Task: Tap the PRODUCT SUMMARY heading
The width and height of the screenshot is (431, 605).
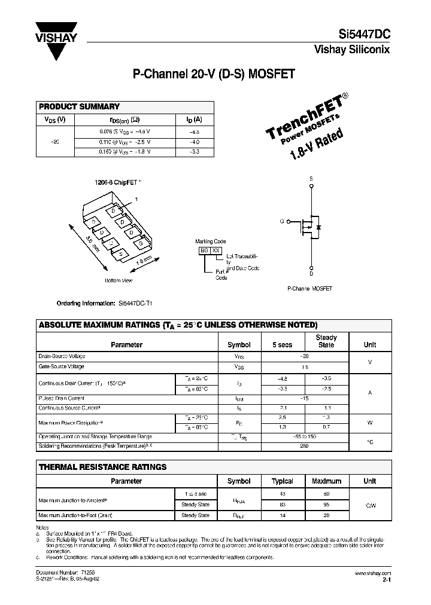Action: [79, 106]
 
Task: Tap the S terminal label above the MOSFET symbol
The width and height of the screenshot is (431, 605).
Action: [311, 179]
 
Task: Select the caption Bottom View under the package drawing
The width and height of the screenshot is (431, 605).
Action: [119, 280]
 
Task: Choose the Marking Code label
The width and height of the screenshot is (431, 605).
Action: [210, 242]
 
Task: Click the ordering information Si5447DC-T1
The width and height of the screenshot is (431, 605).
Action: [139, 303]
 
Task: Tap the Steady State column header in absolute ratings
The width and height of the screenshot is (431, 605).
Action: [326, 341]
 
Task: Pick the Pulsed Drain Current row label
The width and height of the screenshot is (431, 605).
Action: [62, 398]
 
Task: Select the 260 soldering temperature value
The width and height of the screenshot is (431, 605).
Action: [304, 445]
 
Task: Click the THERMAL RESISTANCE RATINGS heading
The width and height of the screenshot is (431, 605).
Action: [102, 467]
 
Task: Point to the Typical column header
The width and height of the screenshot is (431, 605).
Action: [283, 481]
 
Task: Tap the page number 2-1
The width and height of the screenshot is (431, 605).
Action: [386, 579]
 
